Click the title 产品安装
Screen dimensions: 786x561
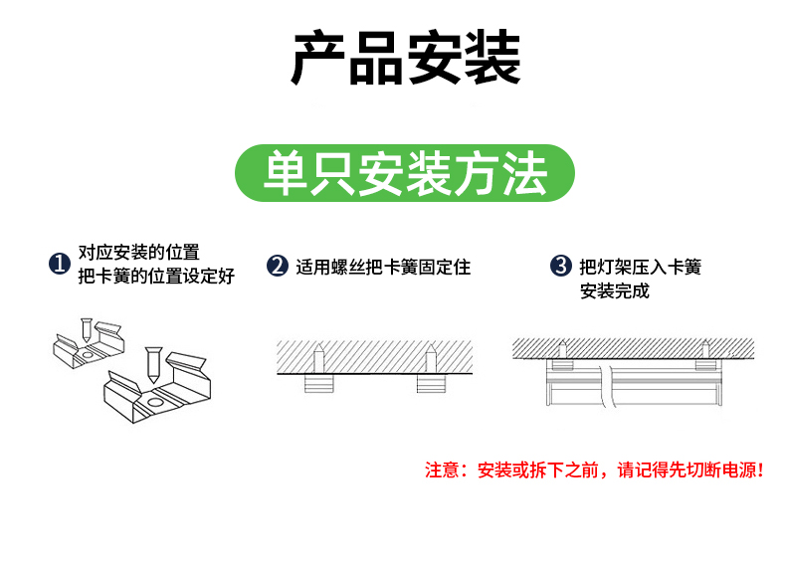click(406, 59)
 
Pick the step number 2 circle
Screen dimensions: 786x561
click(278, 266)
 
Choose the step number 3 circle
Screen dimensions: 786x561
click(561, 266)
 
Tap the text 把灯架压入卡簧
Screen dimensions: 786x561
click(641, 267)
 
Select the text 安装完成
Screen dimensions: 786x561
click(615, 291)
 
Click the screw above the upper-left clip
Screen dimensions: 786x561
click(87, 329)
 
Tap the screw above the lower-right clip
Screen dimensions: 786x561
click(153, 362)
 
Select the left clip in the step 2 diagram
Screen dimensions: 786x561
click(319, 382)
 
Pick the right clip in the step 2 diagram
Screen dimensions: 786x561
click(432, 382)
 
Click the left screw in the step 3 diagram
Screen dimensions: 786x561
click(563, 349)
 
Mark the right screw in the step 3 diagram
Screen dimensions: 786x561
click(705, 349)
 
